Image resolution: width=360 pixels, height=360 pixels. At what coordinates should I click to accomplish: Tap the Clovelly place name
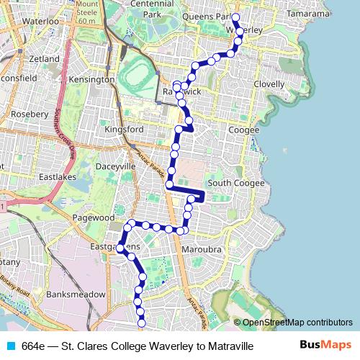click(x=270, y=84)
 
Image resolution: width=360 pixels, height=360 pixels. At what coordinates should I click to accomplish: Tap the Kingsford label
click(x=125, y=130)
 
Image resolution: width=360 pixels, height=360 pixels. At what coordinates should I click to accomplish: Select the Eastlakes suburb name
click(x=57, y=176)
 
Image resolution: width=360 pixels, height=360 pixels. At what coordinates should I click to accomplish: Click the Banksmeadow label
click(x=76, y=294)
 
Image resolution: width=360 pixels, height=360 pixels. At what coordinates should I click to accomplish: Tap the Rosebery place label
click(x=30, y=114)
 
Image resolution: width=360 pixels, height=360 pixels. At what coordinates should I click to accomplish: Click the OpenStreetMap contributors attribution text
click(x=297, y=323)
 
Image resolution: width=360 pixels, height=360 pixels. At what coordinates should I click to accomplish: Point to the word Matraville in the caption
click(x=229, y=346)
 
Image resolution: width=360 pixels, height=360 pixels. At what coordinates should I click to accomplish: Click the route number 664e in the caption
click(x=33, y=346)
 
